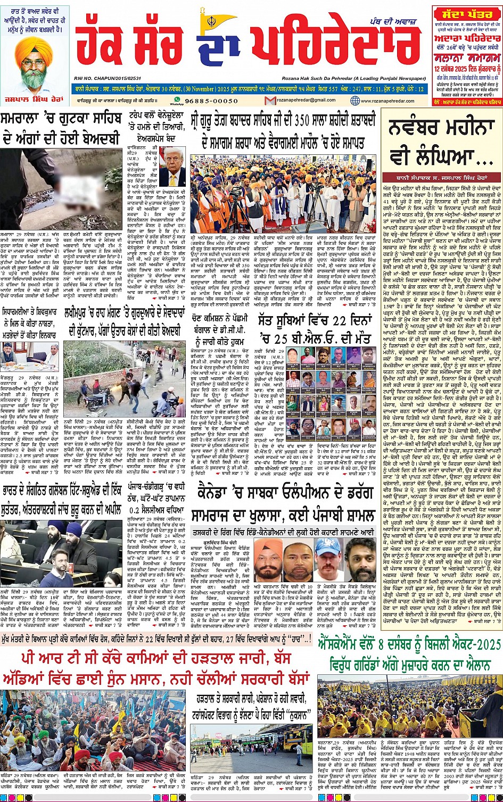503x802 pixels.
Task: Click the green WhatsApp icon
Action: tap(172, 100)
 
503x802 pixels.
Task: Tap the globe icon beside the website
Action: tap(355, 100)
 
